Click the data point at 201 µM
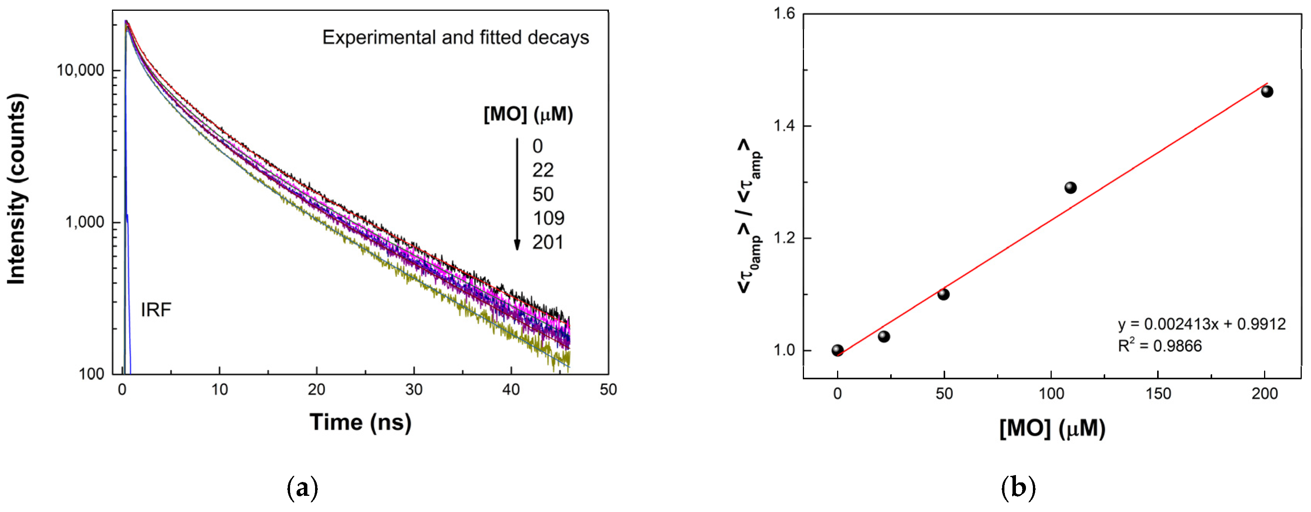1267,92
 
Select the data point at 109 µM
1070,188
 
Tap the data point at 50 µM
943,294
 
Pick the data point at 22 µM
884,337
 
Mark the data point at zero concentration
837,350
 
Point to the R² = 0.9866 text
1159,346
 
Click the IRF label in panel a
156,309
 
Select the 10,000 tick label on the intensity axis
80,70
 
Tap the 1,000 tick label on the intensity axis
85,222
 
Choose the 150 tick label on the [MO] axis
1158,394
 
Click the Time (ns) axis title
360,422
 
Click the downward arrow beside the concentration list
517,194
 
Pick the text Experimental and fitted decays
455,38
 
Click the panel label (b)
1018,487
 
